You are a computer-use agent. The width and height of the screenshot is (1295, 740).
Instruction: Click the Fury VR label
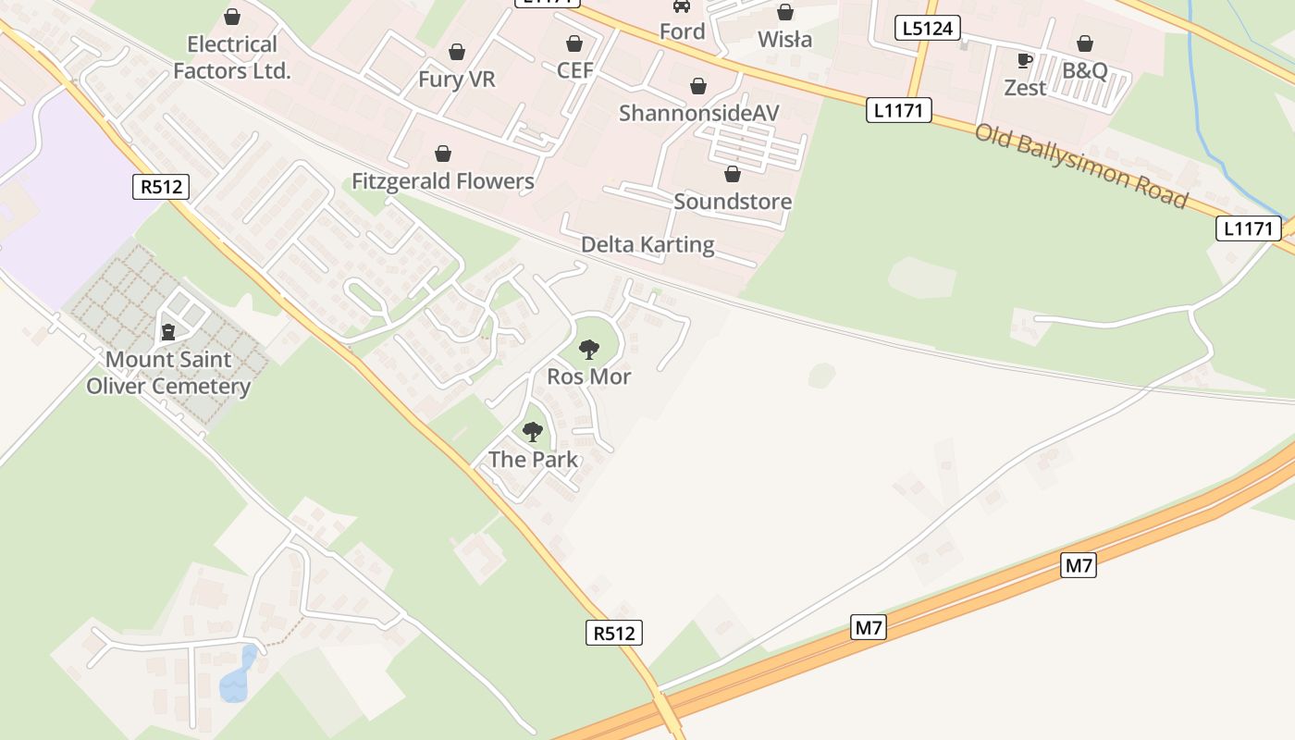pyautogui.click(x=456, y=80)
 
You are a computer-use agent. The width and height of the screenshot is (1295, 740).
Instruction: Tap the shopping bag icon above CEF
pyautogui.click(x=574, y=43)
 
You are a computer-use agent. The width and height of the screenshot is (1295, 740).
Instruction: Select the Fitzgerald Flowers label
pyautogui.click(x=443, y=181)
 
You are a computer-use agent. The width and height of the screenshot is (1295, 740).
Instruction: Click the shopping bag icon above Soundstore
pyautogui.click(x=733, y=174)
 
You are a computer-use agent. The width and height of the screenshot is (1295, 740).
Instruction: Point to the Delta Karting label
pyautogui.click(x=647, y=245)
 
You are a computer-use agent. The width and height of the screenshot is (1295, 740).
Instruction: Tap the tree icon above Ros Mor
pyautogui.click(x=588, y=349)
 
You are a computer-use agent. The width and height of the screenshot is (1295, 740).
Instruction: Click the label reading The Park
pyautogui.click(x=533, y=460)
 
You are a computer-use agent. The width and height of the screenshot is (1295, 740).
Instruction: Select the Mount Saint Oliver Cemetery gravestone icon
pyautogui.click(x=168, y=331)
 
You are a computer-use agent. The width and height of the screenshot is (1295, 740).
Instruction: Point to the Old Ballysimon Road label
pyautogui.click(x=1080, y=165)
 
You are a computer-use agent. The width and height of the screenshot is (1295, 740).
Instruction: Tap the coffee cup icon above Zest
pyautogui.click(x=1025, y=61)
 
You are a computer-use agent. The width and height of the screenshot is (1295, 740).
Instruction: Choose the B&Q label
pyautogui.click(x=1084, y=71)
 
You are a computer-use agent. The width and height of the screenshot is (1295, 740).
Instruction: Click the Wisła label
pyautogui.click(x=784, y=40)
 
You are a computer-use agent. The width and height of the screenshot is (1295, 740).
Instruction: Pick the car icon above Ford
pyautogui.click(x=682, y=6)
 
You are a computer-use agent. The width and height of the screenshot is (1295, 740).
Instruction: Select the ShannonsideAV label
pyautogui.click(x=698, y=113)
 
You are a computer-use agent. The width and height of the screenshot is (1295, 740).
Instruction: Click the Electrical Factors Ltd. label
pyautogui.click(x=232, y=57)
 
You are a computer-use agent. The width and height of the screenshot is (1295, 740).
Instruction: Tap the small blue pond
pyautogui.click(x=237, y=676)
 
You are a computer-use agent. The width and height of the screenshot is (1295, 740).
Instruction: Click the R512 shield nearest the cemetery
pyautogui.click(x=160, y=187)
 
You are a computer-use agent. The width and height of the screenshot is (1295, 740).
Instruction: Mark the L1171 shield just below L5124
pyautogui.click(x=898, y=111)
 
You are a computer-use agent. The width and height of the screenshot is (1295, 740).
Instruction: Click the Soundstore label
pyautogui.click(x=733, y=202)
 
